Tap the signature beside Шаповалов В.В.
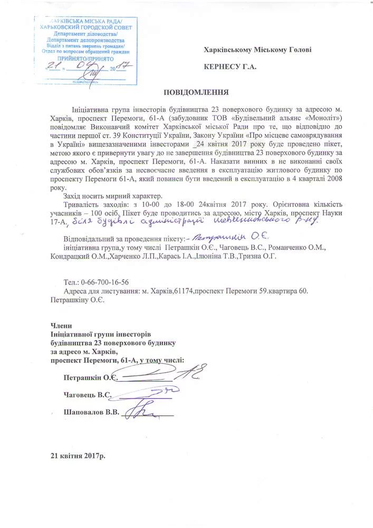pos(145,410)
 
